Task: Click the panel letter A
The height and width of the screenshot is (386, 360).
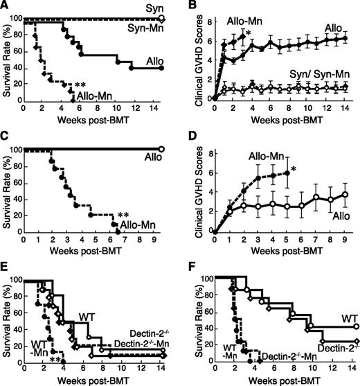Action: (6, 6)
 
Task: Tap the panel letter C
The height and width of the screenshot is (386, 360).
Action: (6, 139)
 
